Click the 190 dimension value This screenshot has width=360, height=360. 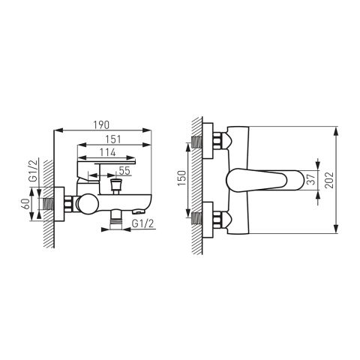click(x=101, y=125)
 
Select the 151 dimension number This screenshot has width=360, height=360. click(x=113, y=139)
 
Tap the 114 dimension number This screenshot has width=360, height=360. click(x=107, y=152)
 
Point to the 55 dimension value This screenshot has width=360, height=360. click(x=124, y=170)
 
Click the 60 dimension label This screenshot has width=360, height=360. click(x=25, y=204)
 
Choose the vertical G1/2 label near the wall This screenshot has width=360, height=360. click(x=33, y=170)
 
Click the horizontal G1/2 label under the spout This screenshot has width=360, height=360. click(x=142, y=223)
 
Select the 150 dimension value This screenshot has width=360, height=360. click(x=182, y=178)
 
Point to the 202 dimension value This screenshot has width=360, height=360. click(x=329, y=180)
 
